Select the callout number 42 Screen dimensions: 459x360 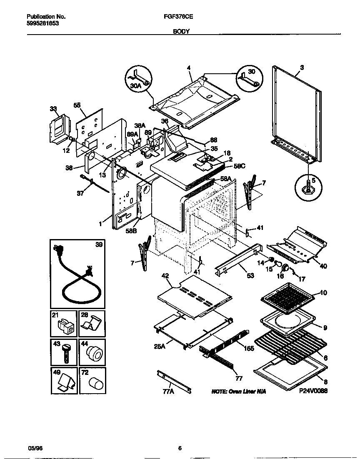point(165,275)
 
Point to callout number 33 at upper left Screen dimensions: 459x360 point(53,109)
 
